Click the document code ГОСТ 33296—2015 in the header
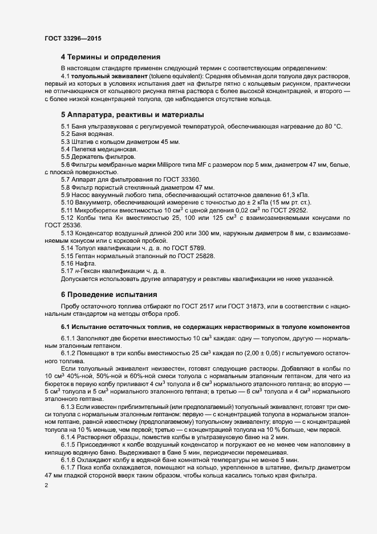(x=74, y=38)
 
